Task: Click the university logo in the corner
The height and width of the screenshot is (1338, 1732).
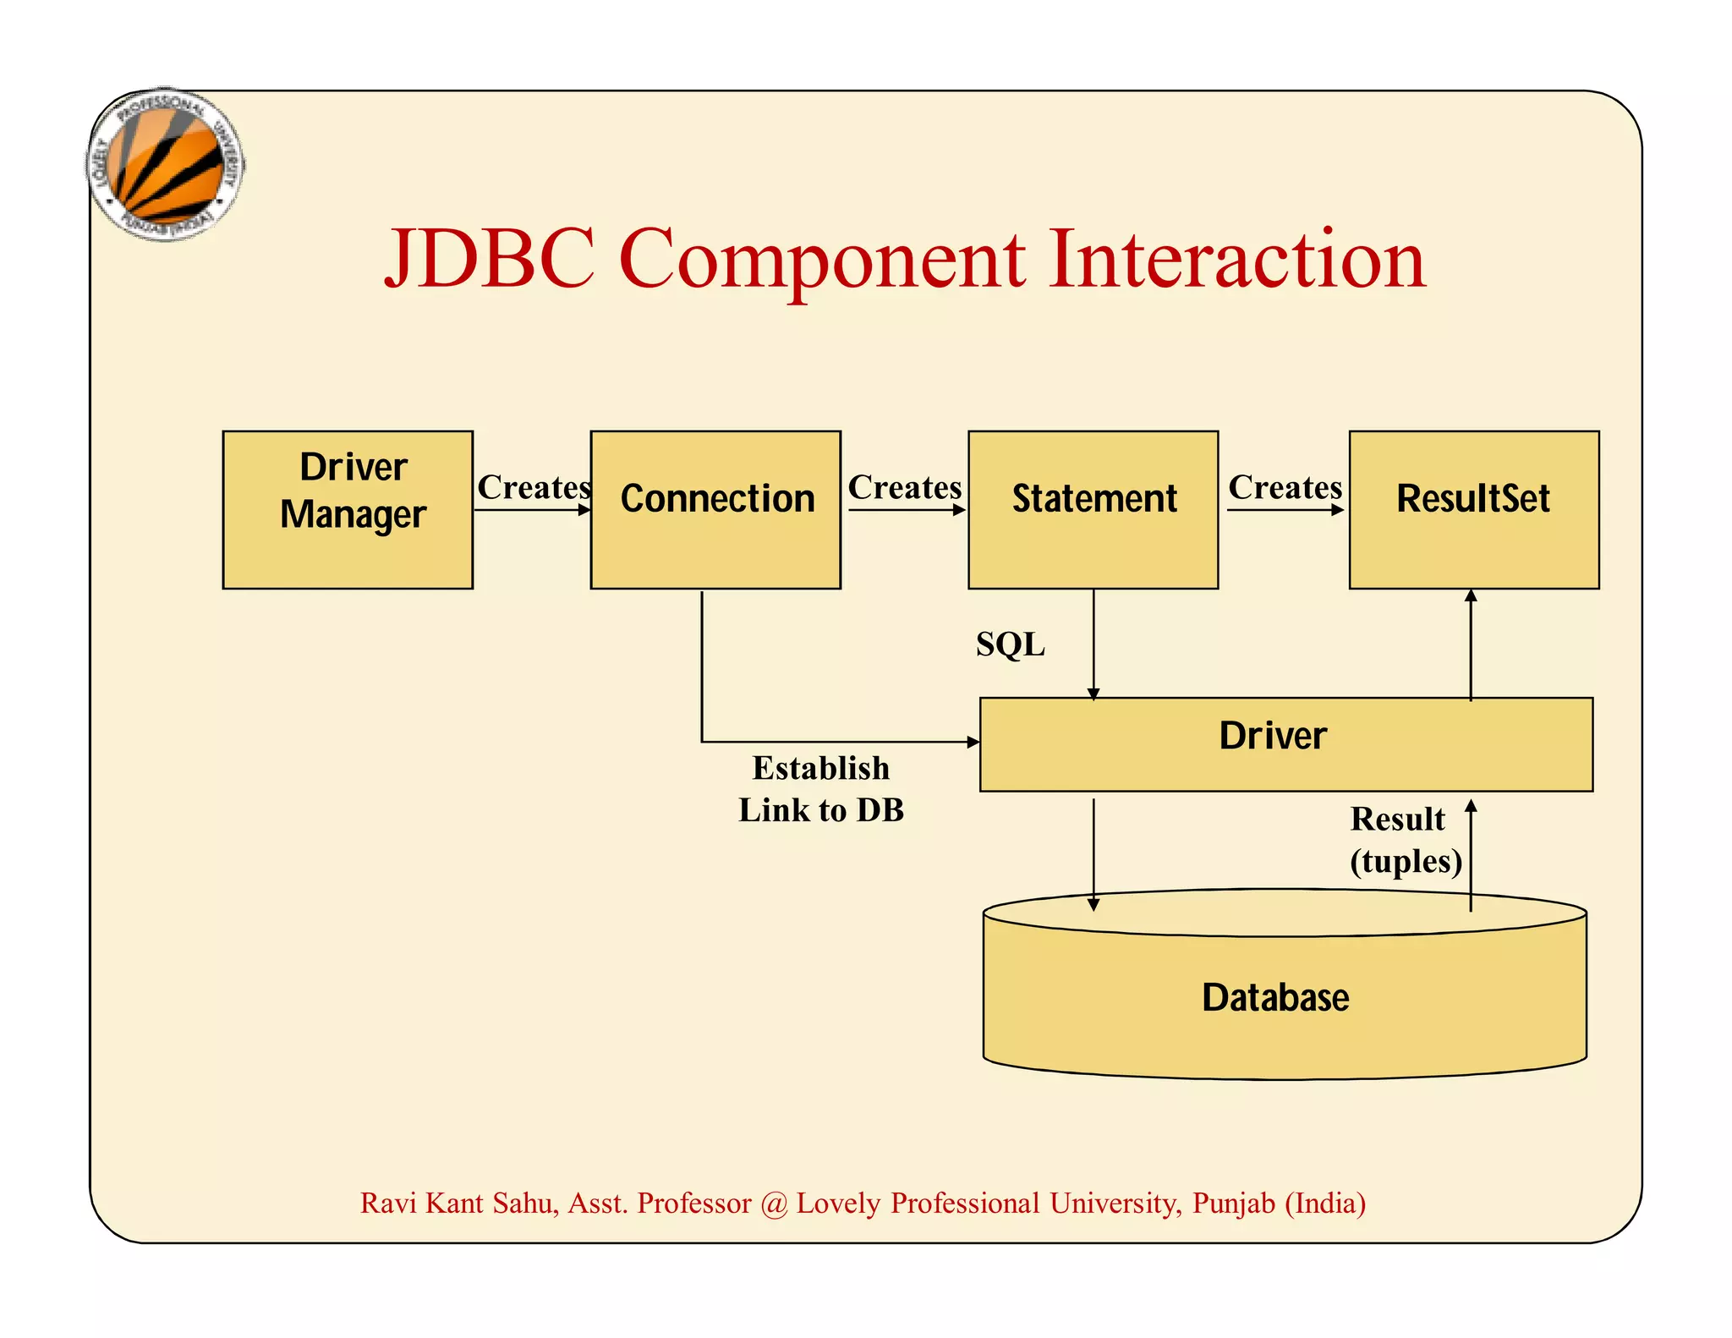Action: [167, 164]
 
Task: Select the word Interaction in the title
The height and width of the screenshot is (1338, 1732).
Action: [1236, 259]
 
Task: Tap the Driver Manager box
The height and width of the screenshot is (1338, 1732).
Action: [348, 509]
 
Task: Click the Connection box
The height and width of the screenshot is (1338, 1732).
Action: [715, 509]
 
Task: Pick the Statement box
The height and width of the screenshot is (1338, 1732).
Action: [1093, 509]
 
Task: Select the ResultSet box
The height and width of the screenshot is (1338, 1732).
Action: [1473, 509]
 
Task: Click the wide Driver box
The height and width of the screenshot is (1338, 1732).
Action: [1285, 744]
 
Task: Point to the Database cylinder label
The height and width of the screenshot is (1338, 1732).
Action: [1275, 998]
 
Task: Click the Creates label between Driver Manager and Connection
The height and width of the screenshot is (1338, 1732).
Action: [534, 487]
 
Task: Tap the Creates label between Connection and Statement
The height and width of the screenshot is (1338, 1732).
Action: [904, 487]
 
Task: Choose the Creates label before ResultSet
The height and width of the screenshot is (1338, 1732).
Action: [1285, 487]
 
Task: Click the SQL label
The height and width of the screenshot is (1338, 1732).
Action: [1010, 644]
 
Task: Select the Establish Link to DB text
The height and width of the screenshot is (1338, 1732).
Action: [821, 789]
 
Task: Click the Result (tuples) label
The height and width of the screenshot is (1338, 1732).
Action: [1405, 840]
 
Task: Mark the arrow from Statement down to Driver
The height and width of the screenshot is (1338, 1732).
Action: [1093, 643]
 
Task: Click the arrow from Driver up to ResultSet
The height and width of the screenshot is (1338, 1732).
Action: [1471, 643]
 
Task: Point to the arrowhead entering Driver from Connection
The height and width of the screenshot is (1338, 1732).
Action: [973, 742]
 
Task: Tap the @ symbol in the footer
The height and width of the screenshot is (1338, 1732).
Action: [773, 1204]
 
